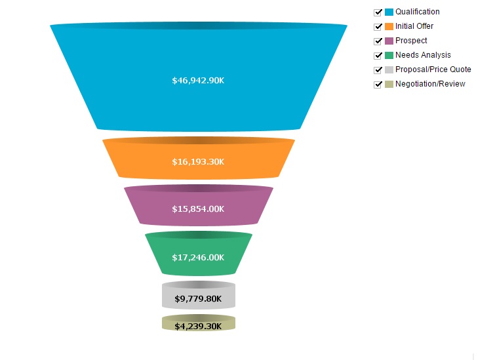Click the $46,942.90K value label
pyautogui.click(x=198, y=81)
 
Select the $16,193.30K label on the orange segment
pyautogui.click(x=198, y=162)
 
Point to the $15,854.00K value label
pyautogui.click(x=198, y=209)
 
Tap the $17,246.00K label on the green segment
pyautogui.click(x=198, y=258)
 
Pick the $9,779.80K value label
pyautogui.click(x=198, y=299)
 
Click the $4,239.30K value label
pyautogui.click(x=198, y=326)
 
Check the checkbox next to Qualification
pyautogui.click(x=378, y=12)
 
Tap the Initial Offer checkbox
pyautogui.click(x=378, y=27)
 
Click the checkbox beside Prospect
pyautogui.click(x=378, y=41)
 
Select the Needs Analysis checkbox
pyautogui.click(x=378, y=56)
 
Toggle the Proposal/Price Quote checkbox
pyautogui.click(x=378, y=70)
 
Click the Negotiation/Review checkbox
pyautogui.click(x=378, y=85)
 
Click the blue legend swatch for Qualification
pyautogui.click(x=389, y=12)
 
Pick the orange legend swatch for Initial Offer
pyautogui.click(x=389, y=26)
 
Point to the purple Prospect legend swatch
pyautogui.click(x=389, y=41)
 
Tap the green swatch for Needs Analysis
pyautogui.click(x=389, y=55)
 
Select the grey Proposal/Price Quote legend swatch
pyautogui.click(x=389, y=70)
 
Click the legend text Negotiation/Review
pyautogui.click(x=430, y=84)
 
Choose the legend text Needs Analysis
pyautogui.click(x=423, y=55)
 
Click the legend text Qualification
pyautogui.click(x=418, y=12)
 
